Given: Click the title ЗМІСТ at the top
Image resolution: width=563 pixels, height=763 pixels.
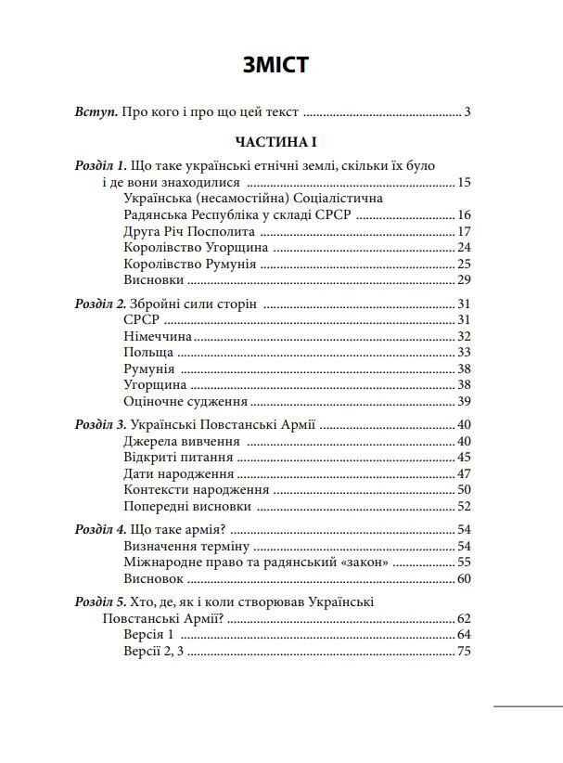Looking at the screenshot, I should (275, 65).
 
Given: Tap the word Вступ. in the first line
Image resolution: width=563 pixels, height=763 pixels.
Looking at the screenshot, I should (96, 112).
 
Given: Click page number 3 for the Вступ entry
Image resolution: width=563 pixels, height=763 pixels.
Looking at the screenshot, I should (468, 112).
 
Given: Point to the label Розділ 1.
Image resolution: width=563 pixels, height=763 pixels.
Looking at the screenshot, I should (101, 165).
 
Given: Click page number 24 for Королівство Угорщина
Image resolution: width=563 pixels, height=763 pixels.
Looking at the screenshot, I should (464, 248).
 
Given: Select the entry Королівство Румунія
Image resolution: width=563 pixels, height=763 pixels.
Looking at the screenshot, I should (189, 264).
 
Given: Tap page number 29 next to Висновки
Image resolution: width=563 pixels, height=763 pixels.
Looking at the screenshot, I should (464, 279).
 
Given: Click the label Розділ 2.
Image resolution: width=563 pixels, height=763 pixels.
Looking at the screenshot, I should (101, 304).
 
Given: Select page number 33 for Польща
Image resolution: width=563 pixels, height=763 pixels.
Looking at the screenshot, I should (464, 353).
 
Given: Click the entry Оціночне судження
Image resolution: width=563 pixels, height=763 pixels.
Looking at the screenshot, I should (185, 401).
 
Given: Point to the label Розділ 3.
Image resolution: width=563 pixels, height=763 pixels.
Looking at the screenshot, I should (101, 425).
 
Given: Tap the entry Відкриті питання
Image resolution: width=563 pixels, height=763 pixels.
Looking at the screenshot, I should (178, 458).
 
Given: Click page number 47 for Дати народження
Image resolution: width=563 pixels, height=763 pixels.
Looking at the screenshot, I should (464, 473).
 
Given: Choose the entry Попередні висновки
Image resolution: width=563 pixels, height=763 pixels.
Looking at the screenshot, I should (186, 506).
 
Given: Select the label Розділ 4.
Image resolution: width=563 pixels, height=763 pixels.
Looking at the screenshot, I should (101, 530).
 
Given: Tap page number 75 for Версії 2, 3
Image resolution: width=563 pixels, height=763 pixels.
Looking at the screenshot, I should (464, 652).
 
